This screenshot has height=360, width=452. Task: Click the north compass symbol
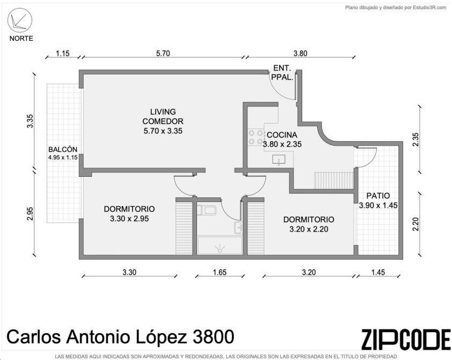(20, 20)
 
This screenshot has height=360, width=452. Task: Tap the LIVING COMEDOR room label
(163, 116)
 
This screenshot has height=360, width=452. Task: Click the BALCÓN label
(63, 149)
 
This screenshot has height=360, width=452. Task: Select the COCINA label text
(282, 135)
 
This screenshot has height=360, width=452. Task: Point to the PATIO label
(378, 196)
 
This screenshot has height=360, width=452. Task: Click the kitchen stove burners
(256, 137)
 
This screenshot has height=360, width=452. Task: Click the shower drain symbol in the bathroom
(220, 248)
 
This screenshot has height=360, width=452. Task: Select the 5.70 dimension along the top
(163, 53)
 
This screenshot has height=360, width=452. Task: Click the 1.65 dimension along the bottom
(220, 272)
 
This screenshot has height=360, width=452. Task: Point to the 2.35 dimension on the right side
(415, 139)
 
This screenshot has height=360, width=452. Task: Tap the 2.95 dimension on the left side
(30, 213)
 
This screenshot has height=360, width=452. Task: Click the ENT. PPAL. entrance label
(282, 73)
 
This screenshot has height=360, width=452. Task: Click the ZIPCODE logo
(406, 339)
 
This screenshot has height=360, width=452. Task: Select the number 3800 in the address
(213, 337)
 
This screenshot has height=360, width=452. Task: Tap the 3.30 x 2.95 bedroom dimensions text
(129, 219)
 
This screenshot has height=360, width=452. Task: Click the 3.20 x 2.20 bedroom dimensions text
(309, 229)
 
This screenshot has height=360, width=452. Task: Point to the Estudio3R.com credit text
(429, 8)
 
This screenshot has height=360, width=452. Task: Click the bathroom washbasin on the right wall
(238, 228)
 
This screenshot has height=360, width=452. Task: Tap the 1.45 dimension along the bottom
(378, 272)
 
